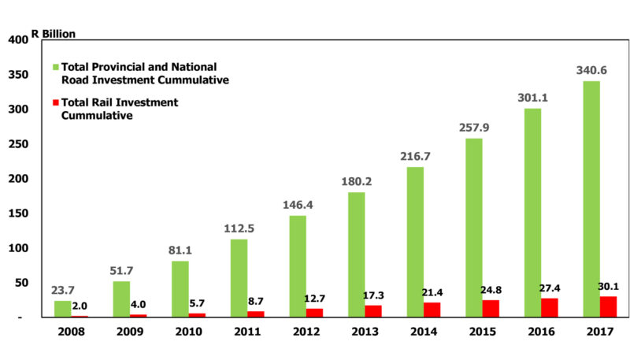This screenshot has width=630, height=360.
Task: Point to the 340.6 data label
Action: click(x=591, y=70)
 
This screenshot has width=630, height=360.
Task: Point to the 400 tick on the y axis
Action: click(x=17, y=40)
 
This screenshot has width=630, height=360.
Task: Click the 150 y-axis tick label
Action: click(x=17, y=213)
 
